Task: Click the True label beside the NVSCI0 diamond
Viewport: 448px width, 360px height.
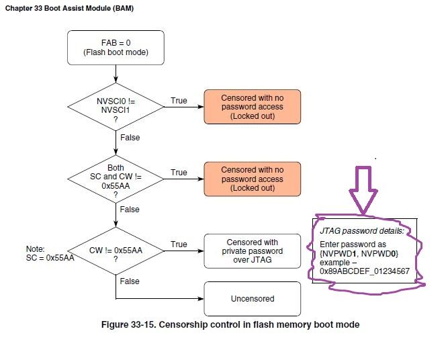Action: click(x=179, y=101)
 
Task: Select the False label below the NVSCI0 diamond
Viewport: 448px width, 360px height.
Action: click(x=130, y=137)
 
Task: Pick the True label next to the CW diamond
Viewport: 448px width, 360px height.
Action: click(x=179, y=244)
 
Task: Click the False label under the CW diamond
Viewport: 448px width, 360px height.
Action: click(x=130, y=281)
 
